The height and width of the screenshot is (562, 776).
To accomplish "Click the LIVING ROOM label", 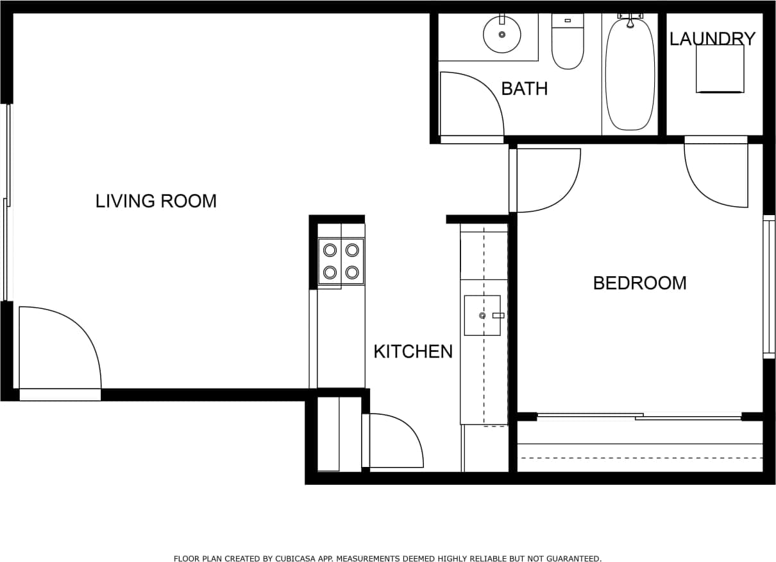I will click(x=156, y=201).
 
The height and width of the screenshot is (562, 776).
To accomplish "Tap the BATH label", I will click(x=524, y=89).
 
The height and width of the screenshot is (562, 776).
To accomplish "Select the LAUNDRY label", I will click(x=712, y=39).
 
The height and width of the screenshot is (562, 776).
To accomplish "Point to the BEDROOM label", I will click(x=639, y=283).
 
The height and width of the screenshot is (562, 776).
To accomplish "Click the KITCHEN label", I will click(x=413, y=351).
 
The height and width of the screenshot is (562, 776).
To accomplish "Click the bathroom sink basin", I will click(x=502, y=35).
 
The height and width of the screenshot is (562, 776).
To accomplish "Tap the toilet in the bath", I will click(x=568, y=45).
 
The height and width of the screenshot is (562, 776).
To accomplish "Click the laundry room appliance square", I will click(x=720, y=69).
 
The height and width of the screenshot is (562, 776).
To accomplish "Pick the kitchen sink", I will click(x=482, y=315).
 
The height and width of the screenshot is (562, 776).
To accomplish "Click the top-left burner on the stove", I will click(x=330, y=250).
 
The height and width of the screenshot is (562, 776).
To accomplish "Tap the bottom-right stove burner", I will click(x=351, y=272).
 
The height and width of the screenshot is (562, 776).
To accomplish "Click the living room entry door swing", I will click(x=58, y=347).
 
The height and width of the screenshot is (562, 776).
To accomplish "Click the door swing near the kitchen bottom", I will click(x=392, y=441).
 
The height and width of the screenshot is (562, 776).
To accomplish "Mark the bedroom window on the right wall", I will click(x=768, y=286).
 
